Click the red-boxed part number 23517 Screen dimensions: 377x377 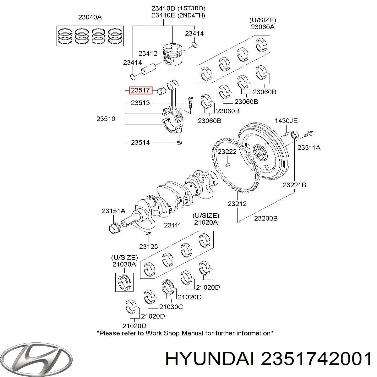[140, 90]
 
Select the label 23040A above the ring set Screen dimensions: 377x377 [90, 17]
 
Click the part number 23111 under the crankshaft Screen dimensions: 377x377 [172, 225]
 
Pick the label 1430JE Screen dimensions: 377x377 [286, 121]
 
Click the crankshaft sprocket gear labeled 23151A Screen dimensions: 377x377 [115, 228]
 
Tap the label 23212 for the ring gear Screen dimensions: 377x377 [237, 204]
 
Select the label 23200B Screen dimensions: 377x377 [266, 218]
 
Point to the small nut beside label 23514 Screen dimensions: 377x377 [179, 143]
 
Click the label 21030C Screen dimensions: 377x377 [171, 307]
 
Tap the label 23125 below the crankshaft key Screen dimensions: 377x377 [149, 247]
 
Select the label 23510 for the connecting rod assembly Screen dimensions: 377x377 [106, 119]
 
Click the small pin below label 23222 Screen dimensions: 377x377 [227, 165]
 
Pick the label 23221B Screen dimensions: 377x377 [294, 185]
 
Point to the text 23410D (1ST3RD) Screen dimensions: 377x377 [178, 8]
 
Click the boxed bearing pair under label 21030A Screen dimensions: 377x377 [124, 282]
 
